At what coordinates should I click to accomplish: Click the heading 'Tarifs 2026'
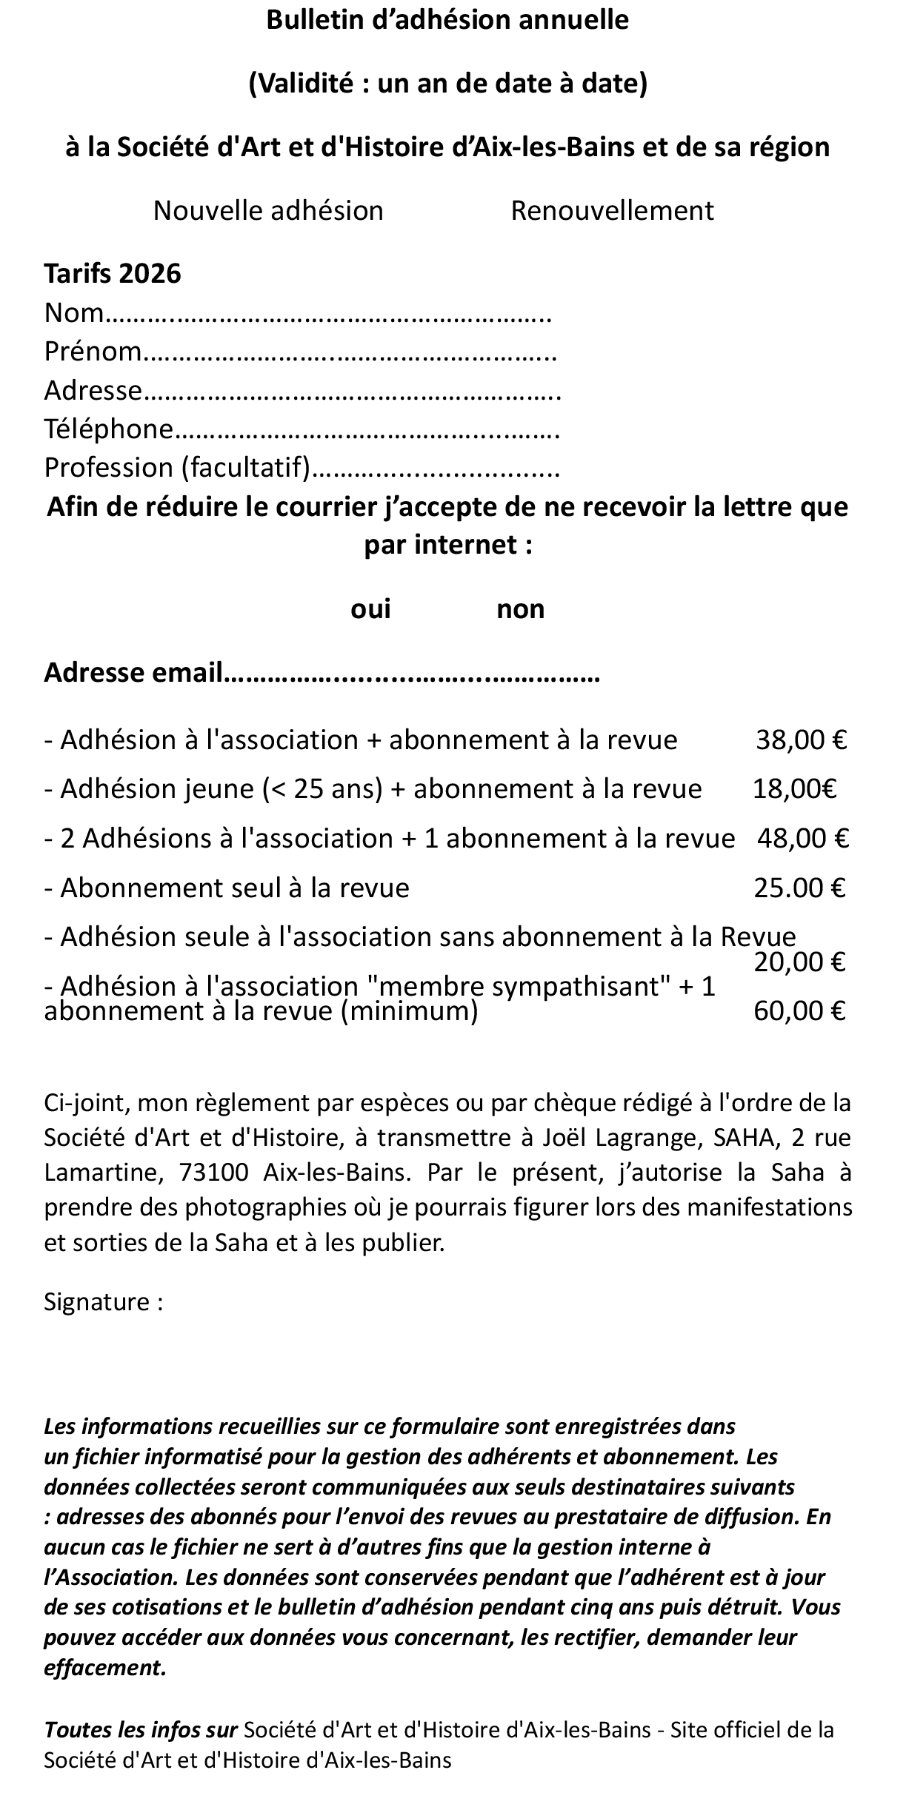point(113,273)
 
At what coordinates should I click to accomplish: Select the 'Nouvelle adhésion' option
point(267,211)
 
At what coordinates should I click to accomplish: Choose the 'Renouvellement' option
point(612,211)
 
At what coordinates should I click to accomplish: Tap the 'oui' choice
point(370,609)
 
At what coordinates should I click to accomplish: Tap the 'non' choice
point(520,609)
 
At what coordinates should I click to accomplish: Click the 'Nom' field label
point(73,313)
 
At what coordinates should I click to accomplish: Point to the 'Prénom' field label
point(92,351)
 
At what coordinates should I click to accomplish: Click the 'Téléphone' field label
point(108,429)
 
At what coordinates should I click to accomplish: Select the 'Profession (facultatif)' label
point(176,468)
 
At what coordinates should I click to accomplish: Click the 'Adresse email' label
point(133,672)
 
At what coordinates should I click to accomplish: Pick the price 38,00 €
point(801,740)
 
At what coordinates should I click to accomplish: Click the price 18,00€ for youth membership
point(794,789)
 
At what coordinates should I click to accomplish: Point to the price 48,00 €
point(802,838)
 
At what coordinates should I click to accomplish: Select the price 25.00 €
point(799,888)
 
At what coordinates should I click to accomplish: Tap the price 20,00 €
point(799,962)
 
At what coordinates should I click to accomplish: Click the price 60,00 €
point(799,1010)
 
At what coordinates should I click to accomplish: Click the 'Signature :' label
point(103,1301)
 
